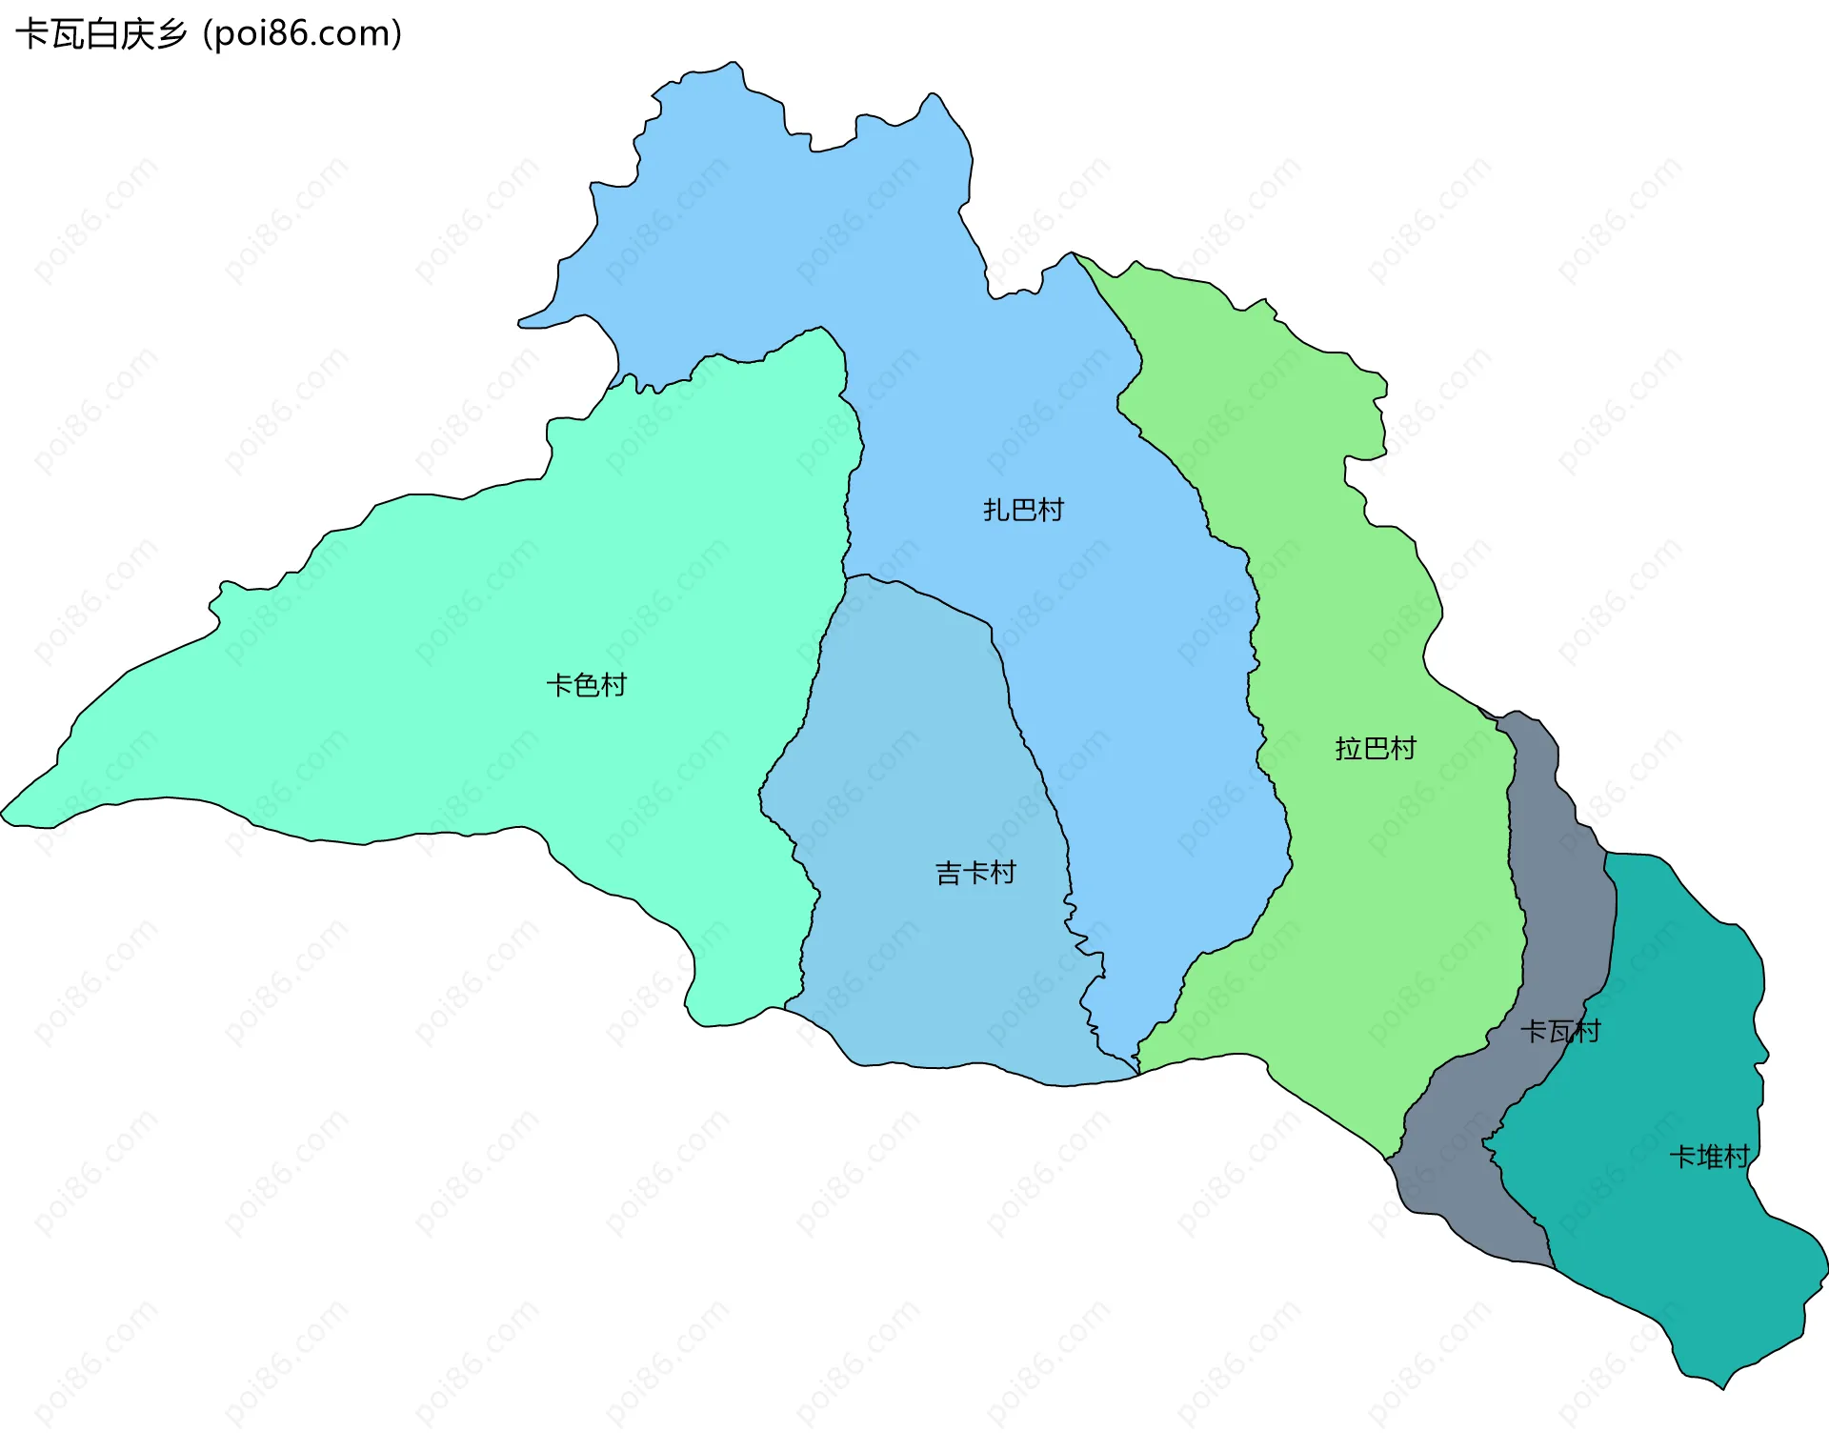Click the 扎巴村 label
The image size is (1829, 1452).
coord(1023,511)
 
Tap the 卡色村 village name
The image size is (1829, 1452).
coord(586,685)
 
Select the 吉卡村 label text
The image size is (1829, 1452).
coord(975,873)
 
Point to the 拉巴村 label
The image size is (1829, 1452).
coord(1376,749)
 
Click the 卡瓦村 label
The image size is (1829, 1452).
coord(1560,1031)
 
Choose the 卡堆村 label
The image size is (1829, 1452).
coord(1710,1157)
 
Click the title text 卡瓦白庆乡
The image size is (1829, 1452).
coord(101,34)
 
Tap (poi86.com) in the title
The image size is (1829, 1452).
coord(303,34)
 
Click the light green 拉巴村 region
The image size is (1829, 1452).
coord(1372,905)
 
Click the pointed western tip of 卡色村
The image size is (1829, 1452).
coord(3,817)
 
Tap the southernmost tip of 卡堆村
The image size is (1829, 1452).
coord(1722,1388)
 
